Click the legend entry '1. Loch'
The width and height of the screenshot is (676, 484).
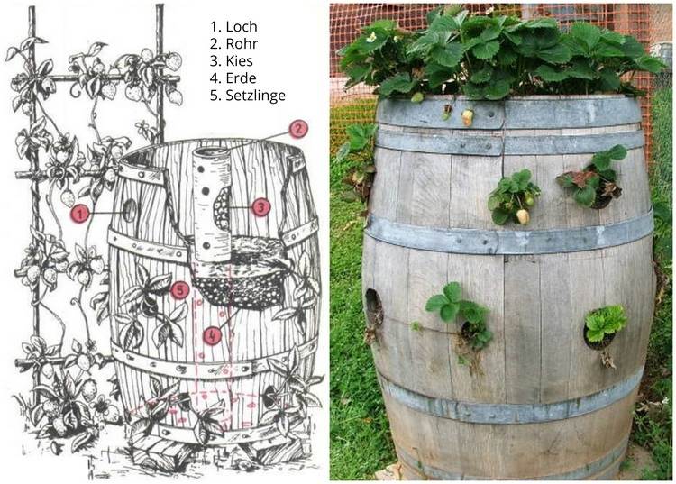coord(233,26)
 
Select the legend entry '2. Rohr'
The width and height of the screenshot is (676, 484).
coord(233,43)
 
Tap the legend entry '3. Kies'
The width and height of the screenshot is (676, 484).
coord(232,60)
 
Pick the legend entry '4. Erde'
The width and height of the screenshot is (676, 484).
coord(233,78)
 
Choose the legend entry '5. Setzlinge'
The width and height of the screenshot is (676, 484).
coord(248,96)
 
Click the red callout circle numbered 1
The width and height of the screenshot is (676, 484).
coord(80,214)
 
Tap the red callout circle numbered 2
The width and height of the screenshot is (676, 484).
coord(298,129)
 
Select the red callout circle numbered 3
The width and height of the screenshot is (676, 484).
coord(260,207)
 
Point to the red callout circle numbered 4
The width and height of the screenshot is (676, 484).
coord(212,336)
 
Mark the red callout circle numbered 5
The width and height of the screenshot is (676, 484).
coord(179,290)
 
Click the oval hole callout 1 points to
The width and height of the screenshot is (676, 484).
coord(129,211)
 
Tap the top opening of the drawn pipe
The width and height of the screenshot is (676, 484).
coord(210,153)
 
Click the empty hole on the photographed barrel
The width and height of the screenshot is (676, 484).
coord(374,306)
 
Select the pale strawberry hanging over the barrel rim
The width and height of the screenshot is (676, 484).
coord(467,117)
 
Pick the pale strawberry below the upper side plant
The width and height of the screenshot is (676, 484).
coord(523,216)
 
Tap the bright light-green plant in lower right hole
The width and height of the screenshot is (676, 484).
coord(605,324)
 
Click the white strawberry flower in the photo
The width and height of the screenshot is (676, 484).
coord(371,37)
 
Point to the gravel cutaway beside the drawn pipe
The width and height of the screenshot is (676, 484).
coord(223,208)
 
